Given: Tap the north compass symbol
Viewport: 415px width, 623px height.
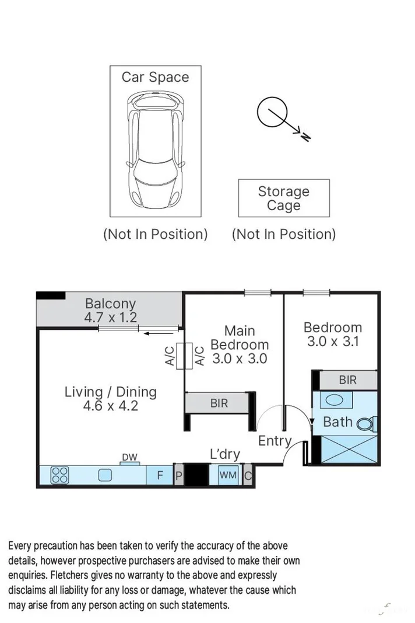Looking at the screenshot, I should pyautogui.click(x=272, y=113).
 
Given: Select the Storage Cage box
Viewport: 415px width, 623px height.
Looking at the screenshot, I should pyautogui.click(x=284, y=199).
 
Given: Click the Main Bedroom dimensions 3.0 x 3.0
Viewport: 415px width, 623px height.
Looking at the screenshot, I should pyautogui.click(x=239, y=359).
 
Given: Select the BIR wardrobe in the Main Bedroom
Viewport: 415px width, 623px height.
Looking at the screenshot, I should pyautogui.click(x=219, y=403).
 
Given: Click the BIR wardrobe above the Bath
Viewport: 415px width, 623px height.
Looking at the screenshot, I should pyautogui.click(x=347, y=380).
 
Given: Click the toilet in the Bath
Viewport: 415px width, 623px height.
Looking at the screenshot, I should pyautogui.click(x=367, y=423).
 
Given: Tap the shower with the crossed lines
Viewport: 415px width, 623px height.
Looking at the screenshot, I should pyautogui.click(x=345, y=450).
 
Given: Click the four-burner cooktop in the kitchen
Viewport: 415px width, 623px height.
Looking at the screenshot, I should pyautogui.click(x=59, y=475).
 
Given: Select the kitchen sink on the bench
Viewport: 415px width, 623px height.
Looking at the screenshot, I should pyautogui.click(x=105, y=475).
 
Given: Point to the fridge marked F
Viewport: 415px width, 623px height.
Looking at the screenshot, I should pyautogui.click(x=160, y=475).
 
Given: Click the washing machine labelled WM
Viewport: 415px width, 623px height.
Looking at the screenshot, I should pyautogui.click(x=227, y=475).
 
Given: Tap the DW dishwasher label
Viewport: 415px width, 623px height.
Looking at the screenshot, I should pyautogui.click(x=129, y=457).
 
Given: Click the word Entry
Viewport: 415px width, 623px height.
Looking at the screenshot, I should pyautogui.click(x=274, y=441).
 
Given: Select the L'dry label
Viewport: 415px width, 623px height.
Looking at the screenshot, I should pyautogui.click(x=224, y=454).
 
